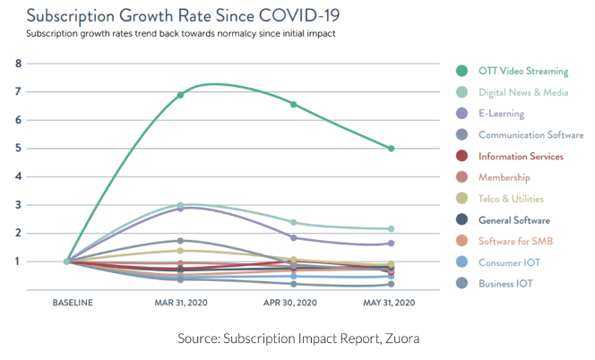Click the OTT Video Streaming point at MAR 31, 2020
click(x=180, y=95)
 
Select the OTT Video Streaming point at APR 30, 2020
click(x=294, y=104)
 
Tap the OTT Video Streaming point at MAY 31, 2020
click(x=391, y=149)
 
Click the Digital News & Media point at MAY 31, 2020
click(x=391, y=229)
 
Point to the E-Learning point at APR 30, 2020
click(x=294, y=238)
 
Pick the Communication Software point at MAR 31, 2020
click(x=180, y=241)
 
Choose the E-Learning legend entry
click(x=501, y=114)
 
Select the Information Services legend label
click(x=521, y=157)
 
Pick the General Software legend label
click(x=514, y=220)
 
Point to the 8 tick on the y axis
click(x=19, y=64)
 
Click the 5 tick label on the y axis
click(x=19, y=149)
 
